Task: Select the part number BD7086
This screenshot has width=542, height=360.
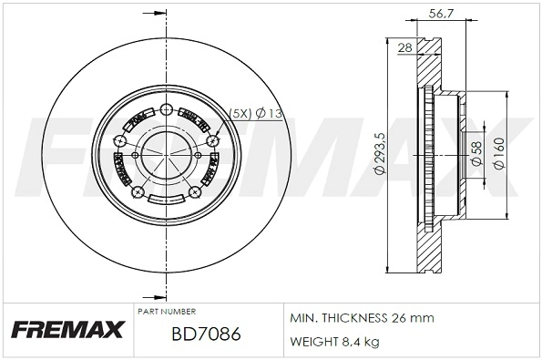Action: tap(206, 334)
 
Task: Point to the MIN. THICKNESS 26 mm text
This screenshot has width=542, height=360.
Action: tap(362, 318)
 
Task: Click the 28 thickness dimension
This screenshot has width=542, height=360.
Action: tap(405, 48)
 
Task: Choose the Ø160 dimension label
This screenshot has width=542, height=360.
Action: tap(498, 154)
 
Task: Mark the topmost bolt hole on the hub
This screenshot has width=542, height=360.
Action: tap(165, 111)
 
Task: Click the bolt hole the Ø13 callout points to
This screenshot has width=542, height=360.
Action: tap(215, 140)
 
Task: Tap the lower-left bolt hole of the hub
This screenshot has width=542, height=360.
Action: tap(138, 193)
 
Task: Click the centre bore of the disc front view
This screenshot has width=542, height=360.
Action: tap(166, 154)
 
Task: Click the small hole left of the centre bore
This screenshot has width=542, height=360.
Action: tap(136, 154)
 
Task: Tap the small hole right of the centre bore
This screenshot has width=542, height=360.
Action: tap(197, 154)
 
